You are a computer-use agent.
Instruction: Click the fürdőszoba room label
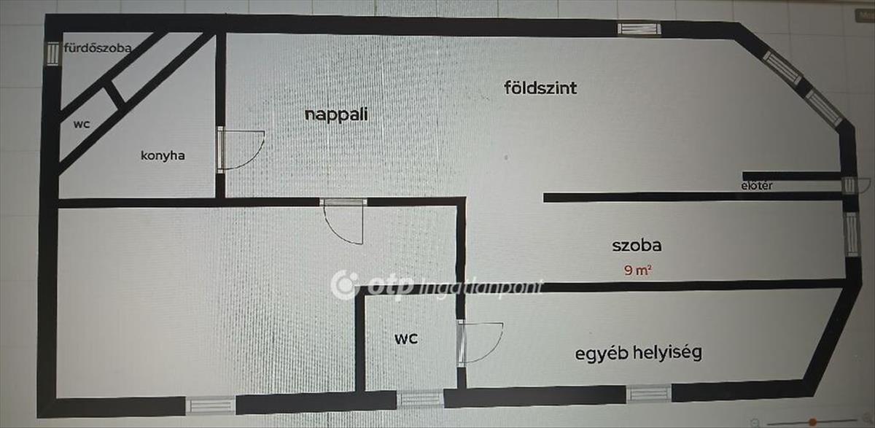click(x=98, y=48)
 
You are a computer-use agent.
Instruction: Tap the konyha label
click(x=163, y=155)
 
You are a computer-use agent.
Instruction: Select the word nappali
click(x=336, y=114)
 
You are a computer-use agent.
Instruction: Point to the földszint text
click(x=540, y=88)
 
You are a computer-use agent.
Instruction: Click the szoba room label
click(x=637, y=245)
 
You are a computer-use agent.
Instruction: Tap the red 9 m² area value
click(x=637, y=270)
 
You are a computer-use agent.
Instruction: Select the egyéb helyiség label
click(x=638, y=353)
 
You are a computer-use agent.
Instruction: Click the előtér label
click(x=757, y=185)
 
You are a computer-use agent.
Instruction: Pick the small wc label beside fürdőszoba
click(x=82, y=124)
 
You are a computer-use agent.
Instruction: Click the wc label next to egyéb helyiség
click(x=406, y=338)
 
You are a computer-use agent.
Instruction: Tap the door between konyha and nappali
click(x=240, y=149)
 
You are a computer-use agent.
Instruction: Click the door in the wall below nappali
click(x=343, y=221)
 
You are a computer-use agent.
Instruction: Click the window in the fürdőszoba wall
click(x=52, y=53)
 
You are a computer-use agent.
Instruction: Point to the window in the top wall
click(x=639, y=29)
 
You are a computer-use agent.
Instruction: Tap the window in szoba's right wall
click(x=852, y=234)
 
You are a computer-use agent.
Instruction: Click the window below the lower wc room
click(x=420, y=399)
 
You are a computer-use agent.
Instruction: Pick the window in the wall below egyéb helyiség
click(x=649, y=394)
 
